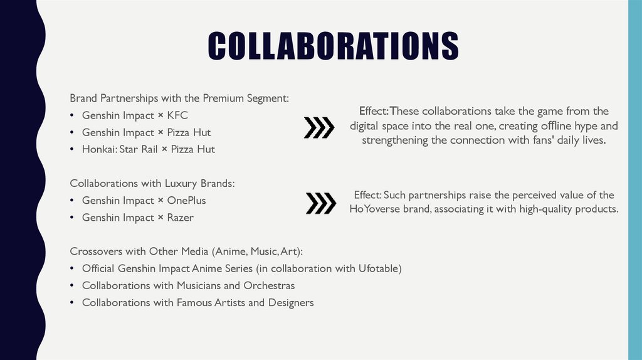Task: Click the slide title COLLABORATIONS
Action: (333, 46)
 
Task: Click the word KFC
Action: (177, 115)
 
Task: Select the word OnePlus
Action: (186, 201)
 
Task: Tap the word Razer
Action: (181, 218)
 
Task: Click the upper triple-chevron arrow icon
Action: (318, 127)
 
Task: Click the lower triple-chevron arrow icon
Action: (320, 203)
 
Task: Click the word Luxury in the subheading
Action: (181, 184)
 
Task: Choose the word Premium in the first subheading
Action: (214, 98)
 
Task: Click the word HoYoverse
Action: (374, 209)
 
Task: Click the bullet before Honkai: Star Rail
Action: (72, 150)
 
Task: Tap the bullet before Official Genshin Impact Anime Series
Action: (72, 269)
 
